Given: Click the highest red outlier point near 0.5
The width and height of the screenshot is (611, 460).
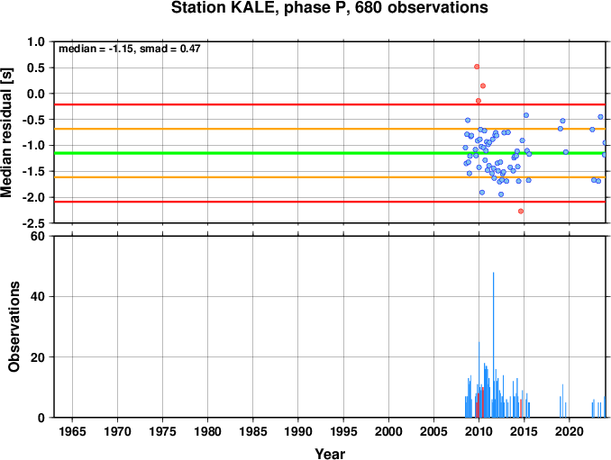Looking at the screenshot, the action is (477, 67).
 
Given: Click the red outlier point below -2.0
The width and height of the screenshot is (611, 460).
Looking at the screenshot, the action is (521, 211).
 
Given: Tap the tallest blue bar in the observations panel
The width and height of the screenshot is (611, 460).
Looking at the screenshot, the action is (493, 345).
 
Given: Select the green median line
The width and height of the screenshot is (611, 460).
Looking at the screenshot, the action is (330, 153).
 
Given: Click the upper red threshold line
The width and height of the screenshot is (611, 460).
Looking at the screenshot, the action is (330, 104).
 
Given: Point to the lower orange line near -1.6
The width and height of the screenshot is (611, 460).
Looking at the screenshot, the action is (330, 177).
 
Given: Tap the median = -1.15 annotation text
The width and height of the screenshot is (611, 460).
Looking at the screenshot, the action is (96, 49).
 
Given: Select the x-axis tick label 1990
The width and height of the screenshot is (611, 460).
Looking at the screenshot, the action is (298, 431).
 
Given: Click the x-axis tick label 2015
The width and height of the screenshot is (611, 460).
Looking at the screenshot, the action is (524, 431).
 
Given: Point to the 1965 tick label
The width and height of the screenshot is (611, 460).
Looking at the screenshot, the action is (72, 431).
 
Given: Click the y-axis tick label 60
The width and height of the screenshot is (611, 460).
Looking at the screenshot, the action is (38, 236).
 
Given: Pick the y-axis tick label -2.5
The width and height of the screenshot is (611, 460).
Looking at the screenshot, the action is (33, 223).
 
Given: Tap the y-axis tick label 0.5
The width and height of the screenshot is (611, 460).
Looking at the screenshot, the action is (36, 68).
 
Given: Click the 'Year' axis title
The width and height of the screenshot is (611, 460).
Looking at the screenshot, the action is (330, 454).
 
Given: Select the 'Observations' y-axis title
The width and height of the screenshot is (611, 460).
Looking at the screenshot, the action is (14, 327).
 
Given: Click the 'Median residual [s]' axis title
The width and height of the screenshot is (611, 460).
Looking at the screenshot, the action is (6, 132).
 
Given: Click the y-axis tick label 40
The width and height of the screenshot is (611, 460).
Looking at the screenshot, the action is (38, 296).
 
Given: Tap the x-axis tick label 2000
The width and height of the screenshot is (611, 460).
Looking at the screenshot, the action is (388, 431).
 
